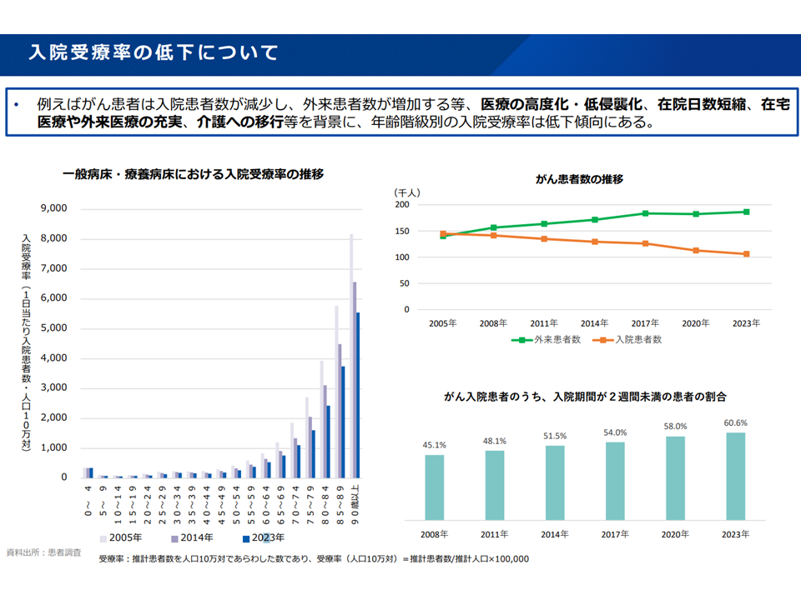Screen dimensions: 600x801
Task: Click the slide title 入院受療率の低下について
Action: pyautogui.click(x=154, y=53)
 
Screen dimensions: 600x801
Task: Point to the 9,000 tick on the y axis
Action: pyautogui.click(x=53, y=208)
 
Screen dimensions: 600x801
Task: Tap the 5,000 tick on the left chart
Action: pyautogui.click(x=53, y=328)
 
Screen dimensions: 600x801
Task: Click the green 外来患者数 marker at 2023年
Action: pyautogui.click(x=746, y=212)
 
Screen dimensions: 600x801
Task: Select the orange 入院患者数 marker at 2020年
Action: pyautogui.click(x=696, y=250)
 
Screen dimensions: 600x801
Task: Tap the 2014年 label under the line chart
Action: pyautogui.click(x=594, y=322)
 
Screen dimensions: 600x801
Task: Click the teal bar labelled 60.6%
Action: pyautogui.click(x=735, y=476)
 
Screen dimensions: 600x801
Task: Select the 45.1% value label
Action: pyautogui.click(x=435, y=445)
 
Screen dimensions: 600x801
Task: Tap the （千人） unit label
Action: pyautogui.click(x=408, y=192)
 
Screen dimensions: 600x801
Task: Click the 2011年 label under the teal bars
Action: pyautogui.click(x=495, y=534)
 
